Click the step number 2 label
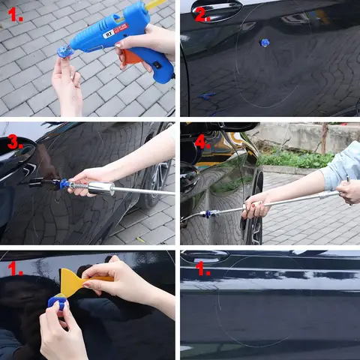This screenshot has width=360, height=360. coord(202,16)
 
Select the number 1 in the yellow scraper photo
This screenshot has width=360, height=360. coord(15,268)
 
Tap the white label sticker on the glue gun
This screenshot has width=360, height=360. coord(116,30)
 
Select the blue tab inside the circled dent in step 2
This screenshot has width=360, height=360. coord(264,43)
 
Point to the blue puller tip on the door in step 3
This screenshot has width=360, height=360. coord(64,184)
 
